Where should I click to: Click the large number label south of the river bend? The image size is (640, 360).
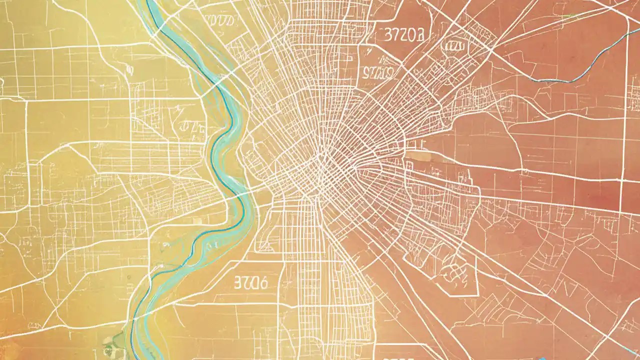point(250,283)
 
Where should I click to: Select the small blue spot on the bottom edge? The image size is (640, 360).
point(542,358)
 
